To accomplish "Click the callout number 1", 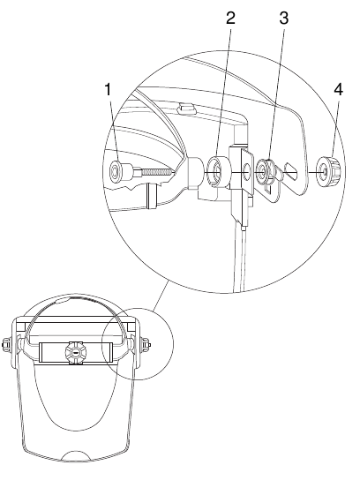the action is tap(108, 89).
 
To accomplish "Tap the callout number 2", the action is tap(230, 18).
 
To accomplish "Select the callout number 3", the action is tap(284, 18).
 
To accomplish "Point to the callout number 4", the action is tap(338, 90).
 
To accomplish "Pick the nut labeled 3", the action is tap(264, 170).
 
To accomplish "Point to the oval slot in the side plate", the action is tap(291, 171).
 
